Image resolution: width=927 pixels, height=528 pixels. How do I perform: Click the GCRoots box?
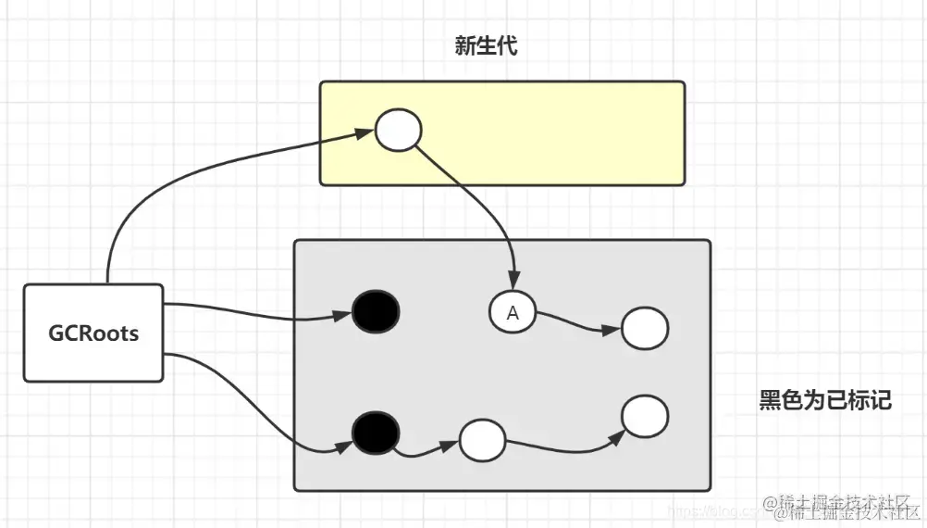point(93,333)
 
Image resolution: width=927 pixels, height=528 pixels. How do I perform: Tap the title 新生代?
point(486,46)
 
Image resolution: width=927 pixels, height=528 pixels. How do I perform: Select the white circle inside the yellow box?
point(398,131)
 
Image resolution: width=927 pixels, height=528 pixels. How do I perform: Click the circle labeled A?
point(513,313)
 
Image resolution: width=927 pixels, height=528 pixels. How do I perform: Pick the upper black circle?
point(376,311)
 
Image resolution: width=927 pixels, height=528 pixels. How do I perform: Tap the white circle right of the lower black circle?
point(482,439)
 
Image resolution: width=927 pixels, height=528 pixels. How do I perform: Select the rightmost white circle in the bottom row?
point(644,416)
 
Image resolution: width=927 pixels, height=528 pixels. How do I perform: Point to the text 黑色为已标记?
point(825,400)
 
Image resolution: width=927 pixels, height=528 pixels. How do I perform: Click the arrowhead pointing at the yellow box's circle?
point(364,133)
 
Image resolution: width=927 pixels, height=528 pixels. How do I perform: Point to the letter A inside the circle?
point(513,314)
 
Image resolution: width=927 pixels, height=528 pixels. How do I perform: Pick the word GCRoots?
point(93,333)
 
